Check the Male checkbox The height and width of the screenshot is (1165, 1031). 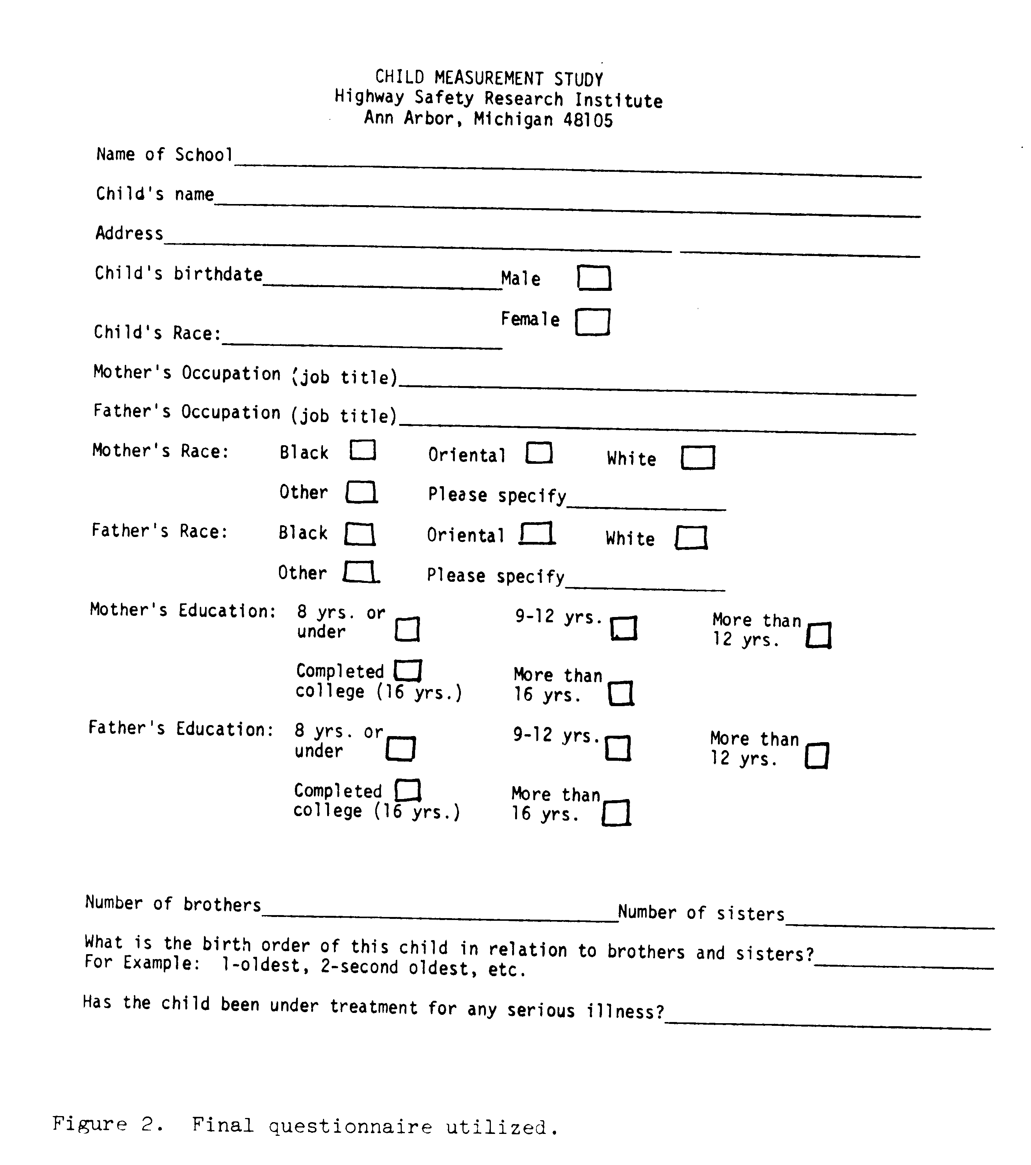point(594,278)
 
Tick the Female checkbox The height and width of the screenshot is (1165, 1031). point(592,322)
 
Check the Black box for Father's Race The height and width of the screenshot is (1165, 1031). point(359,535)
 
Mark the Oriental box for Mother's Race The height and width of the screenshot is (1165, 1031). point(539,453)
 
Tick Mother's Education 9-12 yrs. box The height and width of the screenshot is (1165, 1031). point(624,628)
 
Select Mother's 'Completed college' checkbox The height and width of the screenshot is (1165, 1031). point(408,670)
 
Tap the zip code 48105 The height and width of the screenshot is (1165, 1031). point(588,120)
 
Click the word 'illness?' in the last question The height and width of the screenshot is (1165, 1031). point(625,1011)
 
